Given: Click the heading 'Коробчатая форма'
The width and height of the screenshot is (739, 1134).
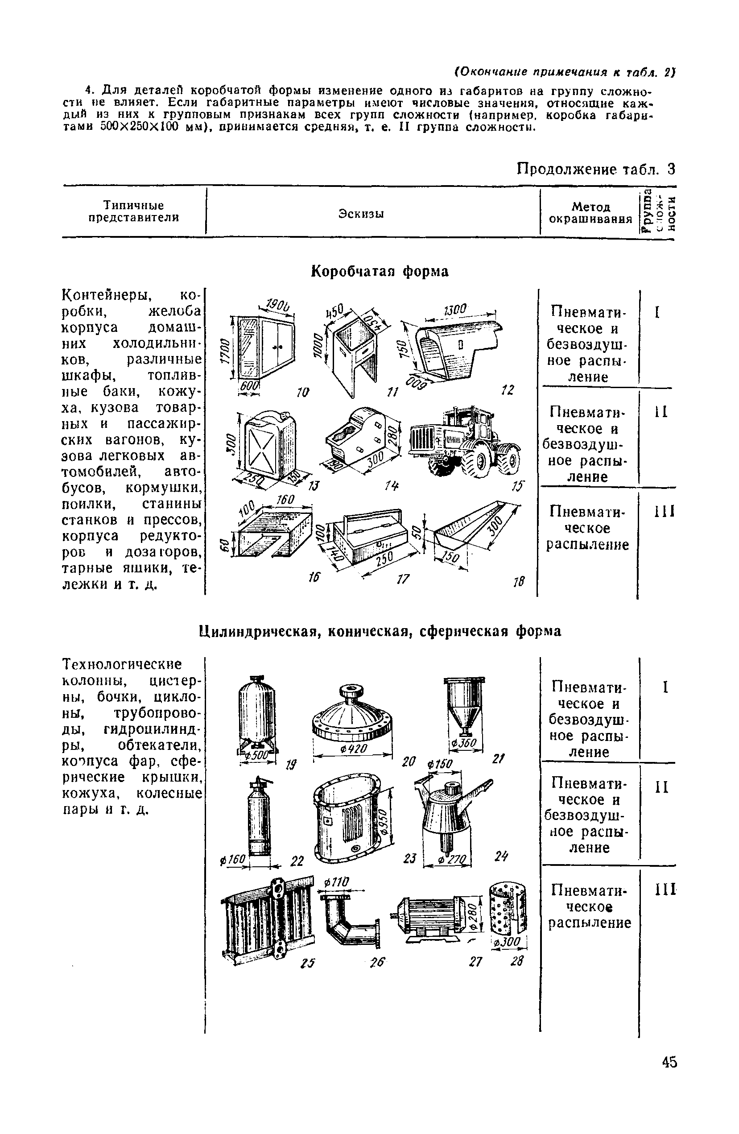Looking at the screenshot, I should pos(379,271).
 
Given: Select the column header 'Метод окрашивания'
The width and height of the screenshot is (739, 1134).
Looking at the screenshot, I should pos(590,212).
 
